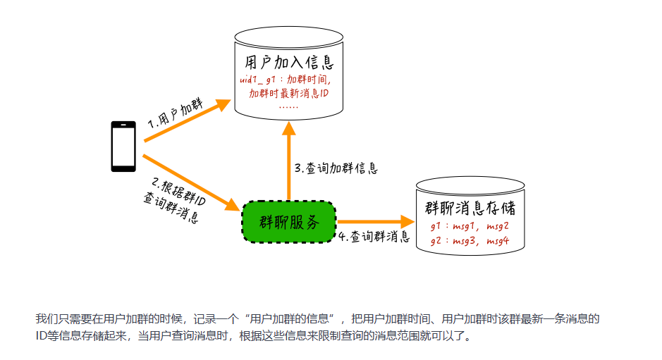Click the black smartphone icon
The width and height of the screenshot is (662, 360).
pos(123,147)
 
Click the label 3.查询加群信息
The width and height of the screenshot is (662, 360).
pos(336,168)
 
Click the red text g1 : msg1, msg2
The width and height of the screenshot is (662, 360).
pos(470,227)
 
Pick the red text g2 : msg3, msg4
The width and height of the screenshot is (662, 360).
pos(470,241)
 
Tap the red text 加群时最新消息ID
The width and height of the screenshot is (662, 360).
pos(289,94)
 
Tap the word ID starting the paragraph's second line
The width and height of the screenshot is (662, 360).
pos(41,336)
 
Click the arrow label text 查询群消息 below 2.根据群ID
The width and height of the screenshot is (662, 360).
pos(170,206)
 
